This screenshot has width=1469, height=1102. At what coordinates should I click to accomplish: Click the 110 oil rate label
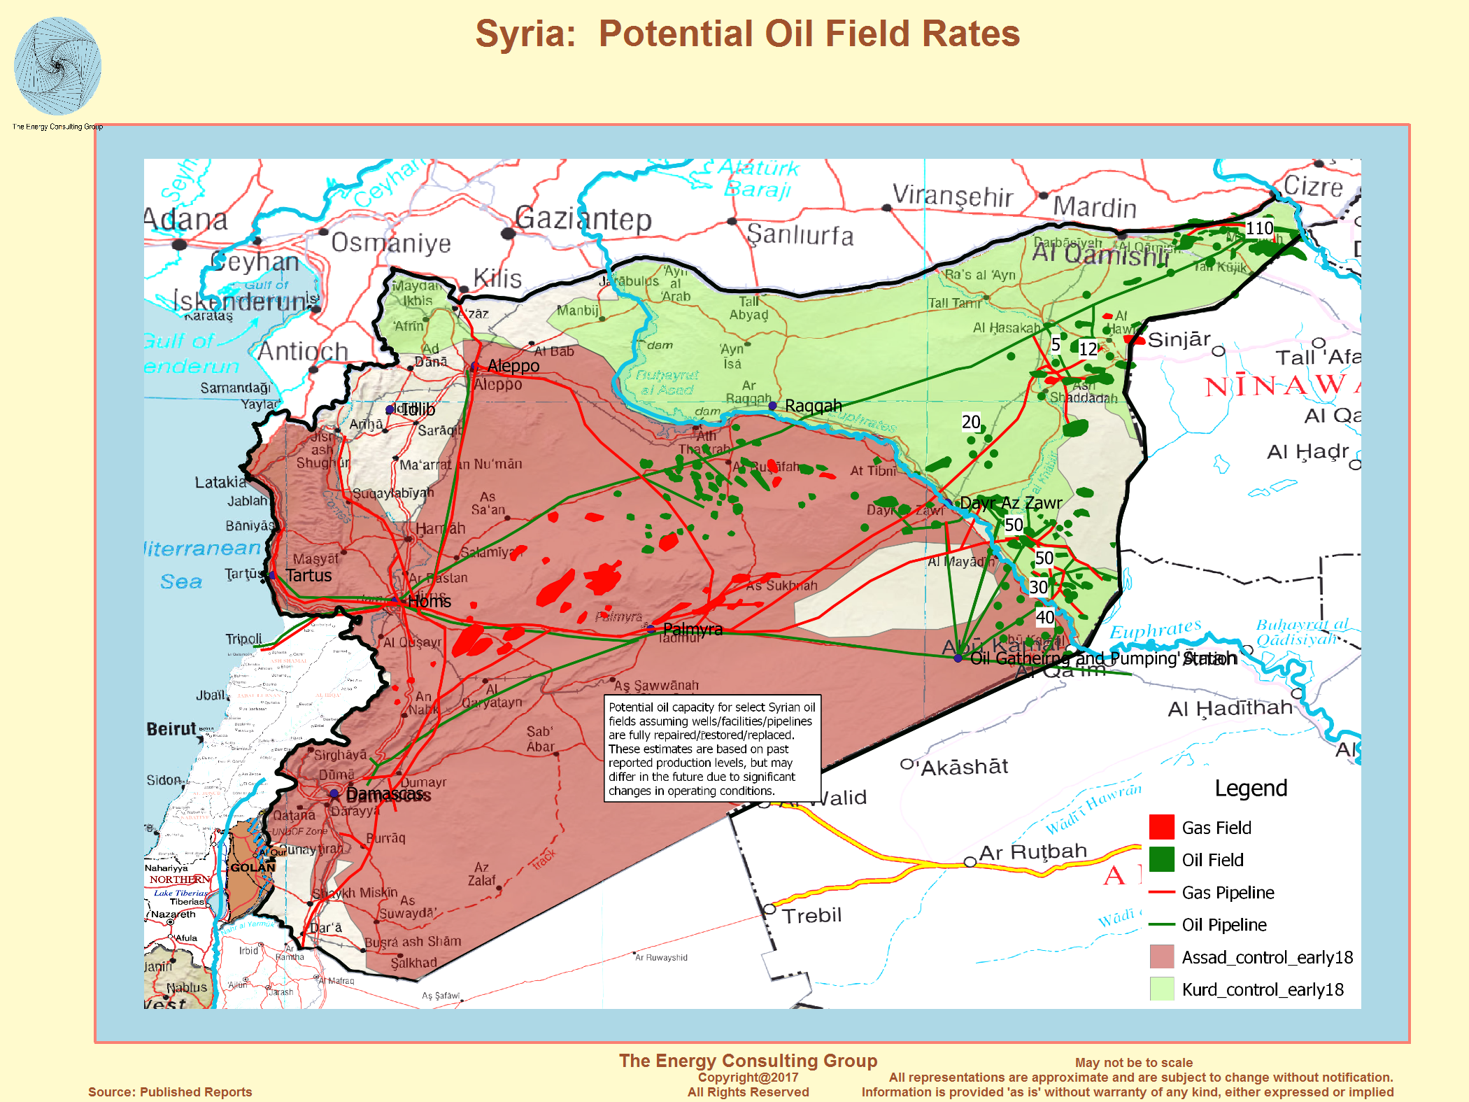coord(1259,228)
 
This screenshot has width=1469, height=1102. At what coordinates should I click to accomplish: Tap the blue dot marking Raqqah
coord(772,406)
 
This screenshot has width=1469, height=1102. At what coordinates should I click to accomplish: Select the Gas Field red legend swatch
coord(1161,827)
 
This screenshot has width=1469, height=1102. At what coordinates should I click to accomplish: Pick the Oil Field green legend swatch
coord(1161,859)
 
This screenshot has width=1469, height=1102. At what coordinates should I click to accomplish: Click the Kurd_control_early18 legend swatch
coord(1161,989)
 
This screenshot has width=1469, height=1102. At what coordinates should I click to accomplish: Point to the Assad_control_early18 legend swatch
coord(1161,956)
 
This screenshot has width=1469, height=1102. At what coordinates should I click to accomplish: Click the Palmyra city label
coord(692,629)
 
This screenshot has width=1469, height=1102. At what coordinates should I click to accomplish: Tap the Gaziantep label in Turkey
coord(583,219)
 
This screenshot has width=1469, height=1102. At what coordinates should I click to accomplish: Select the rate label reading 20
coord(971,422)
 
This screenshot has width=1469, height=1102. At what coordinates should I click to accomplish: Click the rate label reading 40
coord(1045,617)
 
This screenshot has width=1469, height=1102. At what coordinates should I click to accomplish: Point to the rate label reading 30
coord(1038,587)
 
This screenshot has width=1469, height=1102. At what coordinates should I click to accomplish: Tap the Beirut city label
coord(171,729)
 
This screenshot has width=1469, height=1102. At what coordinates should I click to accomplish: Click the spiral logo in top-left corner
coord(57,66)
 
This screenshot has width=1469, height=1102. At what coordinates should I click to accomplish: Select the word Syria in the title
coord(525,34)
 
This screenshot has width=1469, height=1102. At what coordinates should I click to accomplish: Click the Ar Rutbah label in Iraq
coord(1032,852)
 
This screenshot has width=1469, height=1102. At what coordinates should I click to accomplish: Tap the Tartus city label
coord(308,575)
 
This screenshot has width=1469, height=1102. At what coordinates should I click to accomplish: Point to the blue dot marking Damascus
coord(334,793)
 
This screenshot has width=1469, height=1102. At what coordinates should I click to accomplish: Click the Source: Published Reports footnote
coord(170,1092)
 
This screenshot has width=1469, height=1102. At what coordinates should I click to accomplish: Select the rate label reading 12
coord(1088,348)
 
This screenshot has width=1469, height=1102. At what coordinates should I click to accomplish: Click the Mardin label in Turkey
coord(1094,208)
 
